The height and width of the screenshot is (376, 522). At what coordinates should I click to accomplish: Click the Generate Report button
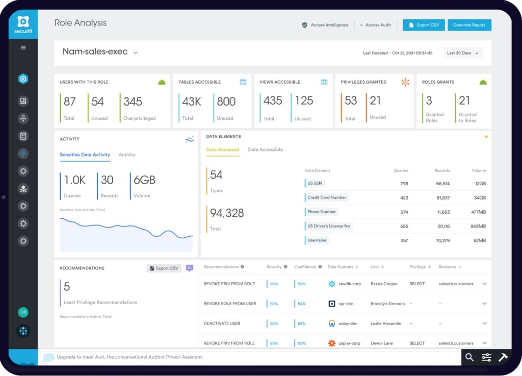469,25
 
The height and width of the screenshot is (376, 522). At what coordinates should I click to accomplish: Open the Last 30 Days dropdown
463,53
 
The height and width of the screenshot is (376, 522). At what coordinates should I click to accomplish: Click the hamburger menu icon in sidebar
23,47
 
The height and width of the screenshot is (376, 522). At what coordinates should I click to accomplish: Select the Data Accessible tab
265,149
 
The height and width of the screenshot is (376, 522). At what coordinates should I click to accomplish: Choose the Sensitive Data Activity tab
85,155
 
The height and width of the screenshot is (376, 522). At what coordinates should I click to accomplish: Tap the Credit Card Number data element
327,197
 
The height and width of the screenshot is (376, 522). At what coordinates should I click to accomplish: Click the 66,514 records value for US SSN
443,184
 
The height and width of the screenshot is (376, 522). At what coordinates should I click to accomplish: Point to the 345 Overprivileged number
133,101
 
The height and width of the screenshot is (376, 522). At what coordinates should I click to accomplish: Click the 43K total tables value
192,101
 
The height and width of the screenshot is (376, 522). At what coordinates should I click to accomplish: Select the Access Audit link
378,25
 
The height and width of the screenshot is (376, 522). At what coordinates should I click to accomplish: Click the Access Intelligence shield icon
305,25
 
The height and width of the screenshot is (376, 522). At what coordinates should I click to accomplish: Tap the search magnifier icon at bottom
469,357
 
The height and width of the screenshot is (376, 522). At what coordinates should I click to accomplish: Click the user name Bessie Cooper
384,284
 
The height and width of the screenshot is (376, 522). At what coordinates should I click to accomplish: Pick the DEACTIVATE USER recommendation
222,323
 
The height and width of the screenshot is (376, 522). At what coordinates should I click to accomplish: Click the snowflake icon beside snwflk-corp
332,284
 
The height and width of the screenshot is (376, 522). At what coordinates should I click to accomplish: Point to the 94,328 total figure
227,213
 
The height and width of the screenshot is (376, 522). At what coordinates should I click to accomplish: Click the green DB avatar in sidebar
23,312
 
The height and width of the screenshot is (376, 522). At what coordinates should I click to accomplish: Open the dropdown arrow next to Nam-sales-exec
136,53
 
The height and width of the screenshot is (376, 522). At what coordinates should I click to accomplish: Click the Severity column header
274,267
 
